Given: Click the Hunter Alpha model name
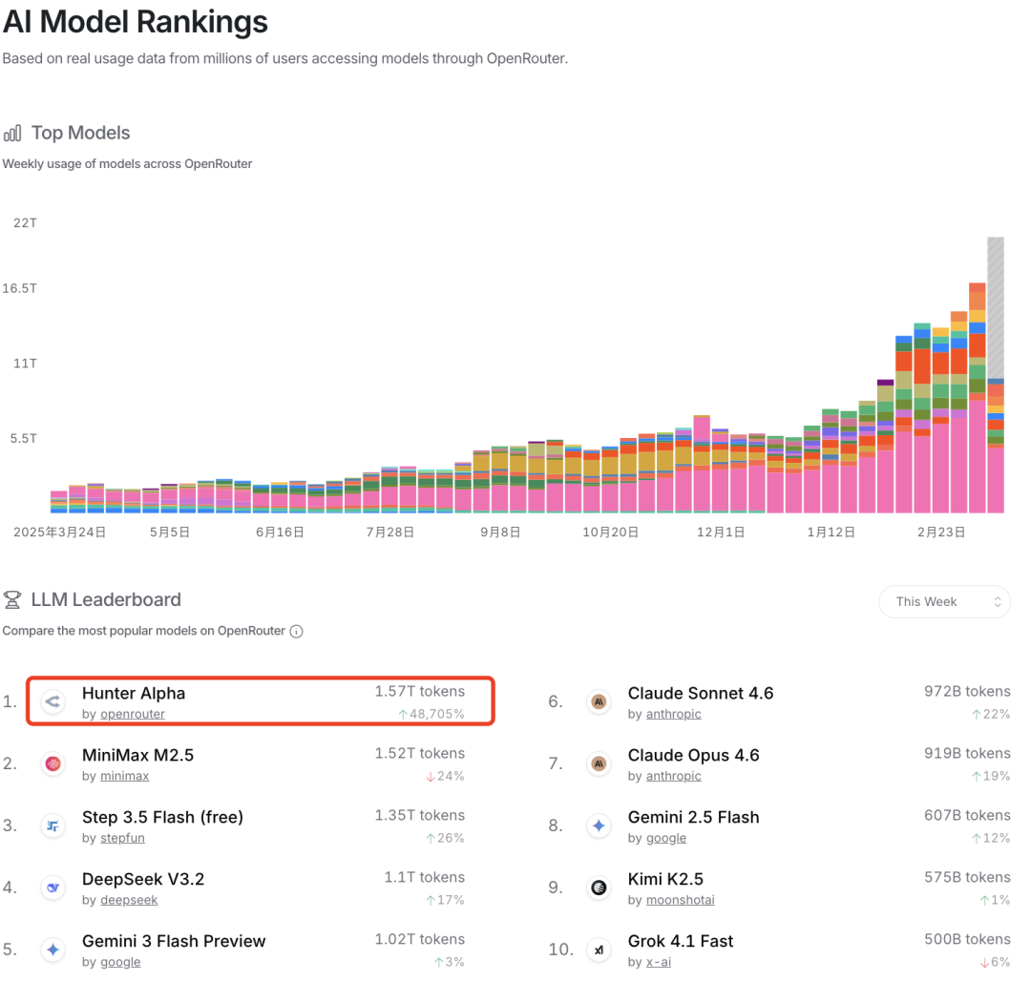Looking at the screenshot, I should click(134, 693).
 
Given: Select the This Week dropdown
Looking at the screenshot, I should click(943, 602).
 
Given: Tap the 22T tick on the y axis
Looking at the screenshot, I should click(24, 222).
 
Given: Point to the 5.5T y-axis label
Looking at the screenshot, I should click(24, 438).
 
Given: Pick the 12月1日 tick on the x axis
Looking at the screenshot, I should click(721, 533).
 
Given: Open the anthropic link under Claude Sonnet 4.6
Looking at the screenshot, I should click(673, 714).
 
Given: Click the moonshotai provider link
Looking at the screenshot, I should click(680, 900).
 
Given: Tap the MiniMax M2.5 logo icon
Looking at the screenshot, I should click(53, 764).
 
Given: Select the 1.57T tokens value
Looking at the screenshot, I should click(419, 691).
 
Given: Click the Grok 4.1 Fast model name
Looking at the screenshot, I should click(681, 941).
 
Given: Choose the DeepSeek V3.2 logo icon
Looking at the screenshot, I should click(53, 888).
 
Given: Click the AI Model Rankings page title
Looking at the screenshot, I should click(136, 21).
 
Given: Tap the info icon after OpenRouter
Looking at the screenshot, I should click(297, 631).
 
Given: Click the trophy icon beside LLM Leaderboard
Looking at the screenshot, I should click(12, 600).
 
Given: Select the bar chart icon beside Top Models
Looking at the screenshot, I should click(12, 134).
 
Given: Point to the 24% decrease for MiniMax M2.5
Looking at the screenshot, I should click(445, 776).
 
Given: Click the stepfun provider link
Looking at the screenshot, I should click(122, 838).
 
